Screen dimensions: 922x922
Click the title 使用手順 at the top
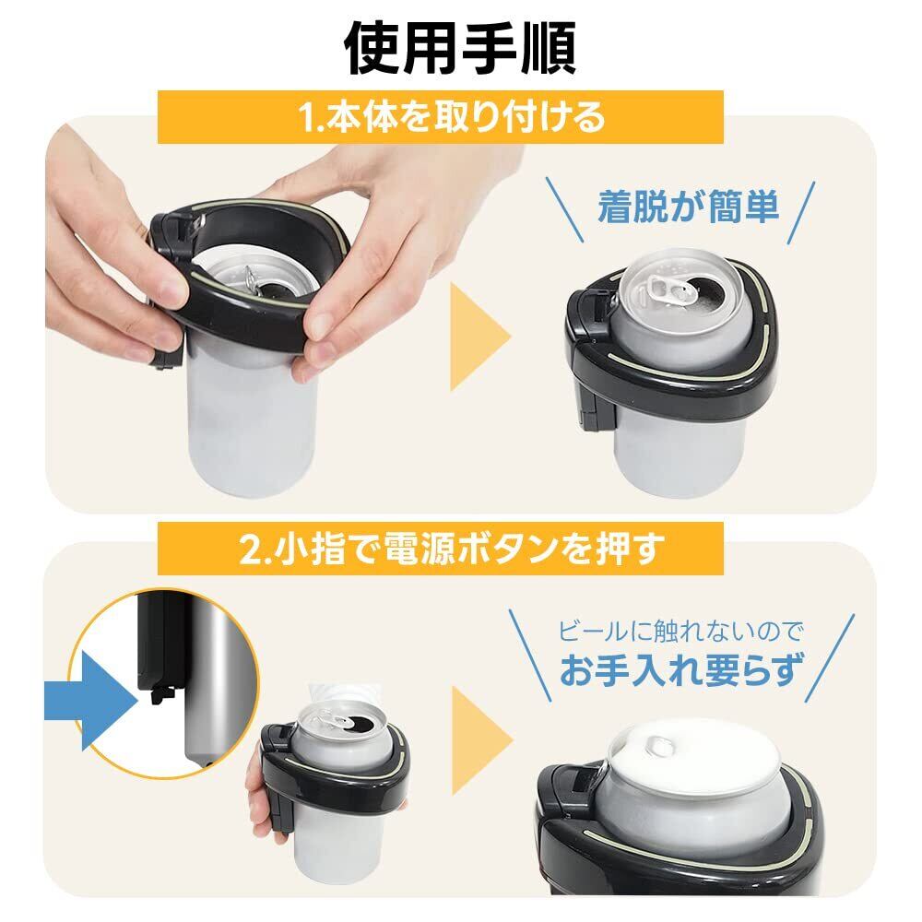click(460, 50)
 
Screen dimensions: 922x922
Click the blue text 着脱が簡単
click(688, 207)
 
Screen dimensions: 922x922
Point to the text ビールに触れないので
click(680, 632)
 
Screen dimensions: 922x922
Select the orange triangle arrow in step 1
click(480, 337)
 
